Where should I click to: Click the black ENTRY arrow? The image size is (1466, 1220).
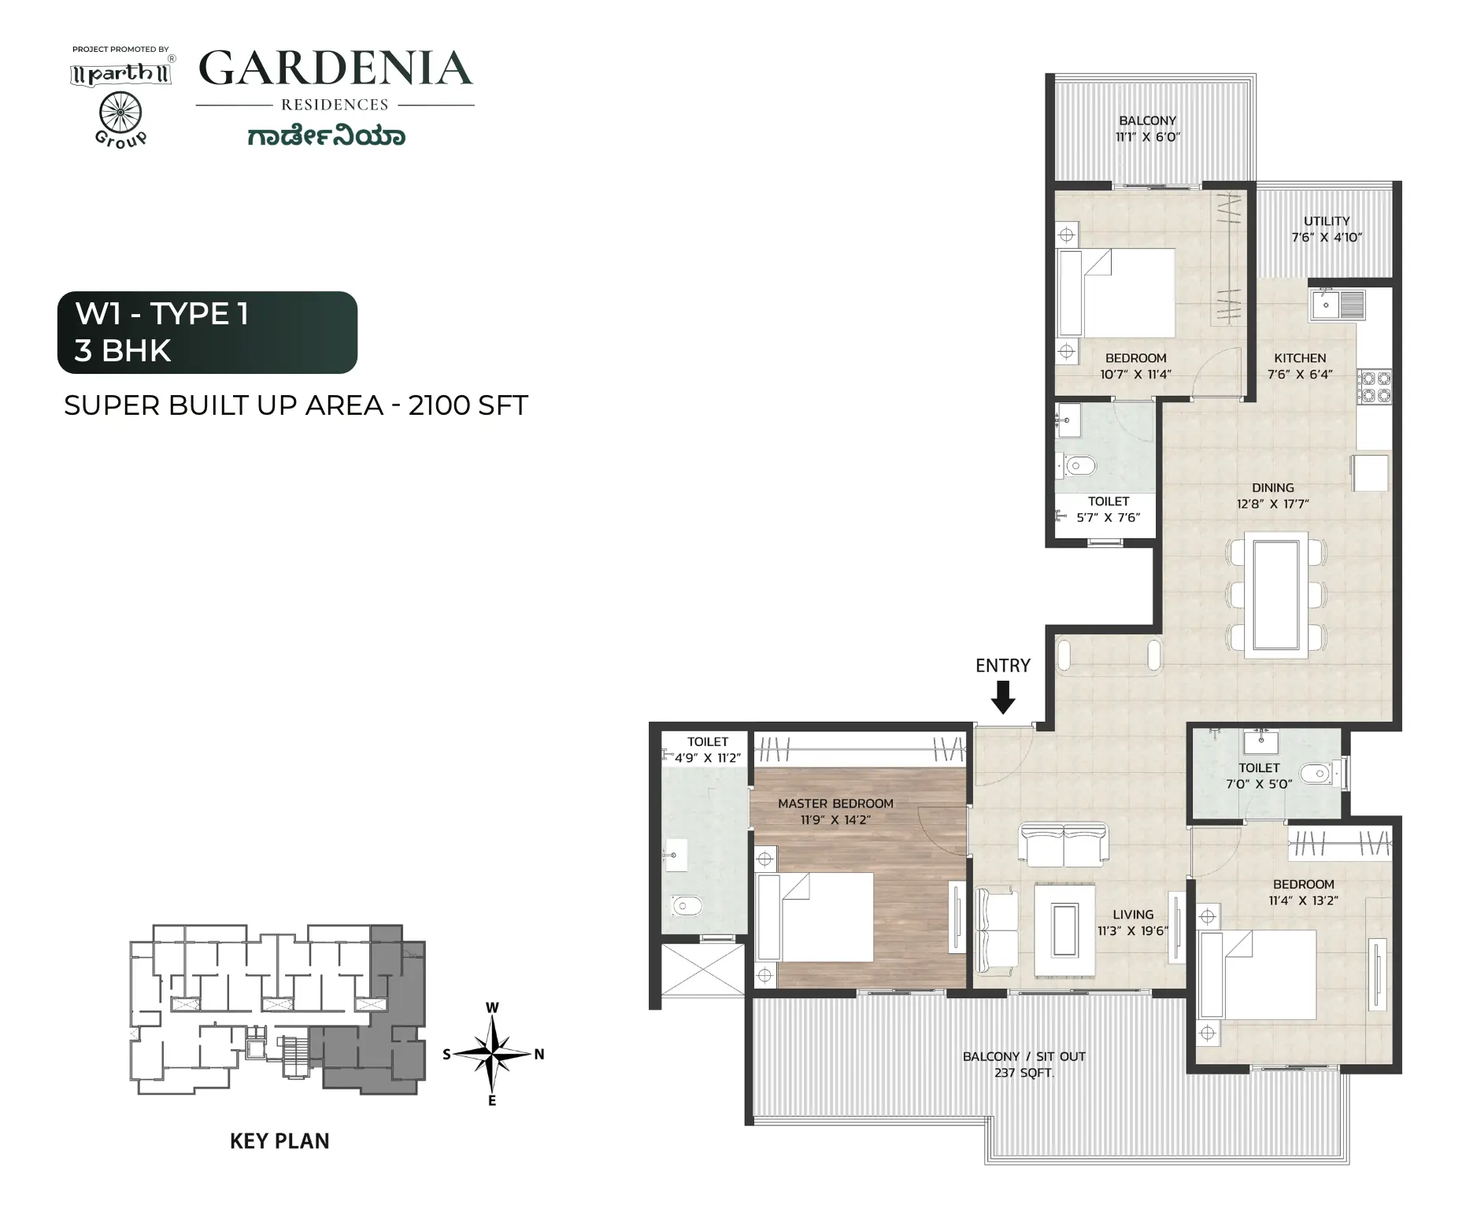coord(1002,697)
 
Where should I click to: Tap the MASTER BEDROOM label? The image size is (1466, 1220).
coord(835,804)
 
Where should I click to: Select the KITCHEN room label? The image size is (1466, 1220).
coord(1300,358)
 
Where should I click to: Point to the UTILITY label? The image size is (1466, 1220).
coord(1327,221)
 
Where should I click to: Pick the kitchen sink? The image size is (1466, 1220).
coord(1338,305)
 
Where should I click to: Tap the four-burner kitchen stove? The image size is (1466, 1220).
coord(1374,386)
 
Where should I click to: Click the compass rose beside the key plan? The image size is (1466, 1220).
coord(493,1053)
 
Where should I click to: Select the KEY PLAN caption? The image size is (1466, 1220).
coord(280,1141)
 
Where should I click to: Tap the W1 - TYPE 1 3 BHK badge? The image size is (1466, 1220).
coord(207,332)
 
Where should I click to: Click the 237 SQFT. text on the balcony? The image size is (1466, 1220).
coord(1024,1072)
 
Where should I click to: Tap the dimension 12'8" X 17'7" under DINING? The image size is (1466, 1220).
coord(1272,504)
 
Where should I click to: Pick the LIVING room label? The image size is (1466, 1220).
coord(1133,915)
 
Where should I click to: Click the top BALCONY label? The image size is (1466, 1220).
coord(1147,120)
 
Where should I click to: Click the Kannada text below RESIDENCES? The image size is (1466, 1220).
coord(327,135)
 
